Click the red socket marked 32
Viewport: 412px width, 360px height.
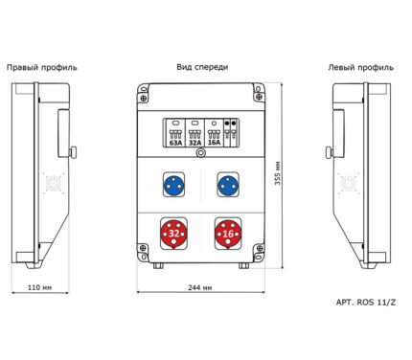173,234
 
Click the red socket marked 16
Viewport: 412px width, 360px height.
228,234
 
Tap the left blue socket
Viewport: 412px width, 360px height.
173,186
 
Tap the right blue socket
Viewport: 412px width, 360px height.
228,186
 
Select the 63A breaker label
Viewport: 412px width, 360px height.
175,143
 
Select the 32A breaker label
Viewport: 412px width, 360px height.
195,143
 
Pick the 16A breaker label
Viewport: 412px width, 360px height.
214,143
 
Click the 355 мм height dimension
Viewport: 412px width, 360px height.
278,173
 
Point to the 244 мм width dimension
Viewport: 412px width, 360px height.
199,287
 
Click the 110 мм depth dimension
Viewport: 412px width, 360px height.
39,287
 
